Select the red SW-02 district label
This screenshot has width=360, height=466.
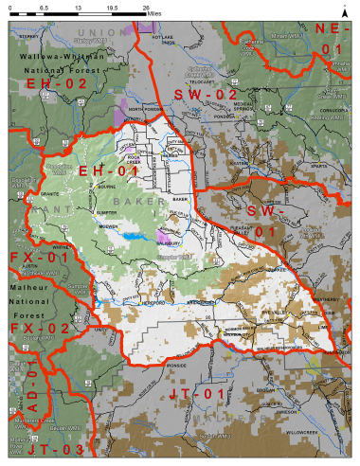pyautogui.click(x=205, y=95)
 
